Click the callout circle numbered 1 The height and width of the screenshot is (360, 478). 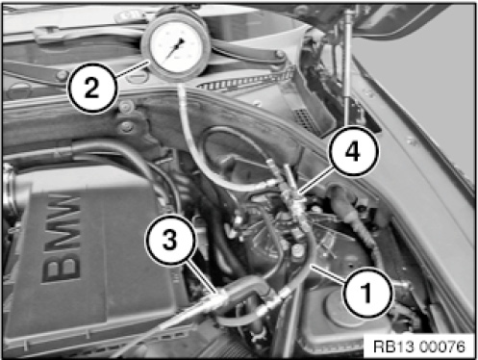tap(367, 293)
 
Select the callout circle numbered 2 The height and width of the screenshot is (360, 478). tap(91, 89)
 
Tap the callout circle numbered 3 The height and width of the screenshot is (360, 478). tap(170, 240)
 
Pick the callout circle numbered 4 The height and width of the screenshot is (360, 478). tap(353, 151)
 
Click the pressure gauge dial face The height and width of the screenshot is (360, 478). tap(176, 46)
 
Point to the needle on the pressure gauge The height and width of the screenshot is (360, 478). tap(174, 50)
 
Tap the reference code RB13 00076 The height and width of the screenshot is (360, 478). tap(419, 347)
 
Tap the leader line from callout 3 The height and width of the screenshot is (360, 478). tap(202, 275)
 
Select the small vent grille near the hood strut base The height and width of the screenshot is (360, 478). tap(303, 118)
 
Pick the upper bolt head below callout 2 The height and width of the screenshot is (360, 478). tap(126, 106)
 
